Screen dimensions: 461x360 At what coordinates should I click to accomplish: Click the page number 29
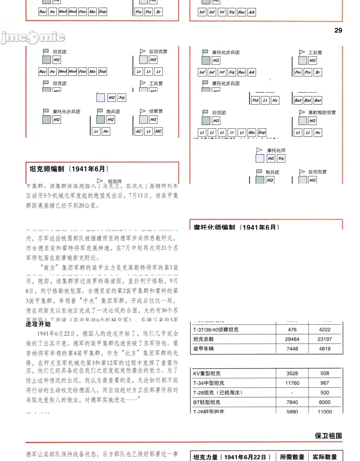point(338,30)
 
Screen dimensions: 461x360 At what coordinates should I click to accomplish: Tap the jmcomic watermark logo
point(33,37)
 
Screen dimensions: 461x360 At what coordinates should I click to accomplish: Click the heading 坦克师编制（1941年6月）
point(69,169)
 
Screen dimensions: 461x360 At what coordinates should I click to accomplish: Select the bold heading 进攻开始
point(38,324)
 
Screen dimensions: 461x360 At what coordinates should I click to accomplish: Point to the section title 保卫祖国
point(328,436)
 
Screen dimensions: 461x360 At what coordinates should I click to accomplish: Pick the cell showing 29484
point(292,339)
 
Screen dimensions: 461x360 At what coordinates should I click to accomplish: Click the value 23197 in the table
point(325,339)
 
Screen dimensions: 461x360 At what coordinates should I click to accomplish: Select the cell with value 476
point(292,329)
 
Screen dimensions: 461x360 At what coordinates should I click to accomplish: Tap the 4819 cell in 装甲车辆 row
point(325,348)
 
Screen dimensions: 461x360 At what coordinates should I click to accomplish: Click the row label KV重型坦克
point(207,373)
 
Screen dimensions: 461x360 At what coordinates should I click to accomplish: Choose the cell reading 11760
point(292,383)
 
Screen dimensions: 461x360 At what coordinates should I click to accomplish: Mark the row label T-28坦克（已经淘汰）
point(217,392)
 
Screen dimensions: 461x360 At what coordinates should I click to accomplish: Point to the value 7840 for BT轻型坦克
point(292,402)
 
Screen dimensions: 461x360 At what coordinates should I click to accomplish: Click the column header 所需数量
point(292,457)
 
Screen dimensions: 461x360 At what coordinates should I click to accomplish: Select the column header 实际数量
point(325,457)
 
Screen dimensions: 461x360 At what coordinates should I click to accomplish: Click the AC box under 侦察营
point(139,132)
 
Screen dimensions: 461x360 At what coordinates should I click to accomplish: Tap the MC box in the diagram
point(158,132)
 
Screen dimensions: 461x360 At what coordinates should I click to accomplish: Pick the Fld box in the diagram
point(255,100)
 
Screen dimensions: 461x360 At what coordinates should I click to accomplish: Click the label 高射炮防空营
point(322,113)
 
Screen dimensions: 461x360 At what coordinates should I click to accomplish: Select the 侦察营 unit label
point(156,111)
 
